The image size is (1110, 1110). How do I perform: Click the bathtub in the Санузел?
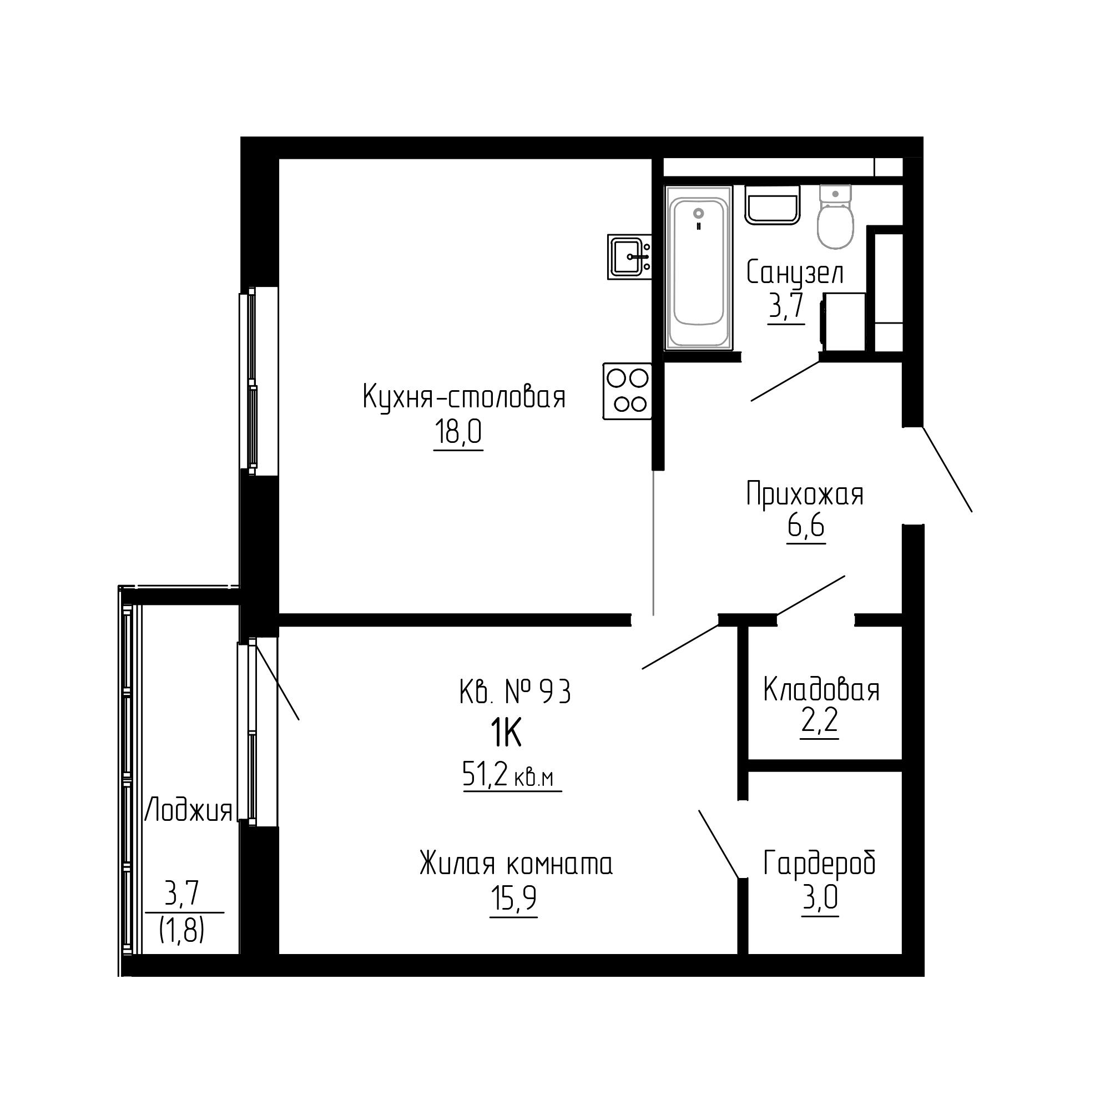(x=699, y=268)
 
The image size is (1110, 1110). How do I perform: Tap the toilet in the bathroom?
(x=835, y=216)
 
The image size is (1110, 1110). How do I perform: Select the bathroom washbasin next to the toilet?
(x=773, y=205)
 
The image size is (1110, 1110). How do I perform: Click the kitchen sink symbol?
(x=629, y=257)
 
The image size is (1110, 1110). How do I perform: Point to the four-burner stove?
(x=627, y=391)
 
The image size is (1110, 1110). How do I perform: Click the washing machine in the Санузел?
(x=844, y=321)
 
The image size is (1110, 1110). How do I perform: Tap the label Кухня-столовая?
(x=464, y=397)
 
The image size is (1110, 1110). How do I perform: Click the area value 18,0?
(x=458, y=432)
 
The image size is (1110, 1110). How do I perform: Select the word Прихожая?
(x=805, y=494)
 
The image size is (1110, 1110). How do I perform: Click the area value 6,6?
(x=805, y=526)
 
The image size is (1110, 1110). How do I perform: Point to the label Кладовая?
(x=821, y=689)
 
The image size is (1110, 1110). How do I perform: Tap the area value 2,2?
(x=820, y=721)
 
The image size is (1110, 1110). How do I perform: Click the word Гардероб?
(x=820, y=864)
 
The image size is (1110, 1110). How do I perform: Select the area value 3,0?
(x=820, y=898)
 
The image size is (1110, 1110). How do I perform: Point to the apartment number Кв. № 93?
(x=516, y=692)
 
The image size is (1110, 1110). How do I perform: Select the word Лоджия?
(x=189, y=811)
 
